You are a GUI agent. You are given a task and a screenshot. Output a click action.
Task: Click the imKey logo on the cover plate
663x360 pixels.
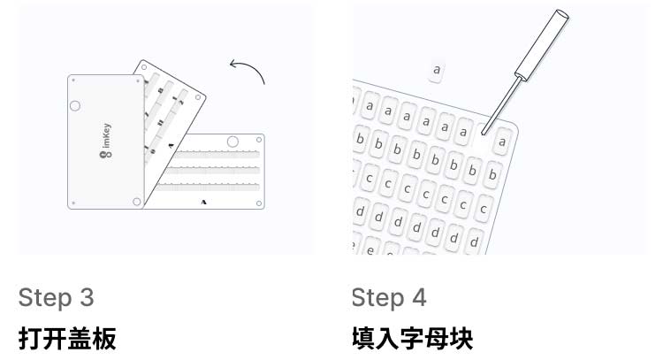(x=106, y=141)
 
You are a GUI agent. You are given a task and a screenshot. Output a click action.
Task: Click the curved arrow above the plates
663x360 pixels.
(x=251, y=67)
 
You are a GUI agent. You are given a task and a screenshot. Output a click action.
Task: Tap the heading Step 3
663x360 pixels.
(x=56, y=297)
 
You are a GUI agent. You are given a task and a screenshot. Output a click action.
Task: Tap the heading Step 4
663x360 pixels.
(x=389, y=297)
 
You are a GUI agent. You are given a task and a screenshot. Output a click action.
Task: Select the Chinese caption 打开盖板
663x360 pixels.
(x=67, y=339)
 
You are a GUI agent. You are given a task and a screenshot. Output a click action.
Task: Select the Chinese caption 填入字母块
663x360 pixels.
(x=412, y=339)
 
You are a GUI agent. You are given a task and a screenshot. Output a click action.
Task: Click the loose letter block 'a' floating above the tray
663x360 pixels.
(x=437, y=70)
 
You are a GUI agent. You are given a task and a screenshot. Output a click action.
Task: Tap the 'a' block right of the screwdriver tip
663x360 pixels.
(x=502, y=142)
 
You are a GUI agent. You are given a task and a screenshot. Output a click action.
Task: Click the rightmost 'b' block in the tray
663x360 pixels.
(x=492, y=174)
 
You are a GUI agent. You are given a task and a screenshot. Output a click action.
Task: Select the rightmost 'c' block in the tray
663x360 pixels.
(x=484, y=209)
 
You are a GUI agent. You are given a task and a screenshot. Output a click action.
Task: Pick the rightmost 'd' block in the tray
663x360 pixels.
(x=474, y=242)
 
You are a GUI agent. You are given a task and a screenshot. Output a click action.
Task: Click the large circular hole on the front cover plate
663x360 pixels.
(x=75, y=106)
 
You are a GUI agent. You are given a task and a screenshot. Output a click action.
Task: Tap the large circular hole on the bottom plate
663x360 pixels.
(x=232, y=142)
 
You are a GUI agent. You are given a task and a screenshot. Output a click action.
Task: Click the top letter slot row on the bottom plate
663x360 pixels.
(x=217, y=154)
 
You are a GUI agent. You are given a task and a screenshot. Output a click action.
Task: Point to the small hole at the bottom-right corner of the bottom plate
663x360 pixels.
(x=259, y=203)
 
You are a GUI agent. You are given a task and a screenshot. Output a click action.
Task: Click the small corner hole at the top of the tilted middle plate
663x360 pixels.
(x=144, y=67)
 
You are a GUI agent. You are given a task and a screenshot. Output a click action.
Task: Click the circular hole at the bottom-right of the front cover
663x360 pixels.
(x=136, y=202)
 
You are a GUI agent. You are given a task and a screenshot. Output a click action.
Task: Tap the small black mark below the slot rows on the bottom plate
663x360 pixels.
(x=204, y=203)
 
